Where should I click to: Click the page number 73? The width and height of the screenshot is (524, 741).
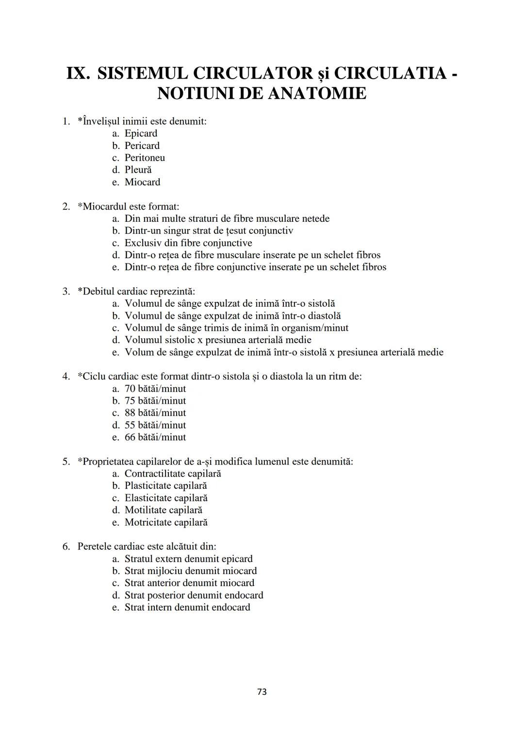[x=262, y=692]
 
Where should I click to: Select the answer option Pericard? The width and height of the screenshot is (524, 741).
[x=142, y=146]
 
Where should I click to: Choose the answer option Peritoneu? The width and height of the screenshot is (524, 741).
[x=145, y=158]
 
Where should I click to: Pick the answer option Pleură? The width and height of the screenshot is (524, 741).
[x=138, y=170]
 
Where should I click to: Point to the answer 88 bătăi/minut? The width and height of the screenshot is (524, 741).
[x=155, y=413]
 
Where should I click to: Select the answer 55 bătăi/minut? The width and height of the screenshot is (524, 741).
[x=155, y=425]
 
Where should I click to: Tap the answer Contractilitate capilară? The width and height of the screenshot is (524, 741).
[x=172, y=474]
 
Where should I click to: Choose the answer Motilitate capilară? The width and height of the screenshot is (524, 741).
[x=163, y=510]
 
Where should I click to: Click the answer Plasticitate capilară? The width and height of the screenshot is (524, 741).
[x=165, y=486]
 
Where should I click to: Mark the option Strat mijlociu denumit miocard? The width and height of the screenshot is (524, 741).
[x=190, y=571]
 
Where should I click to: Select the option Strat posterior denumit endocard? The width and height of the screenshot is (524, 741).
[x=194, y=595]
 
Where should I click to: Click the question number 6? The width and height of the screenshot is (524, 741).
[x=66, y=546]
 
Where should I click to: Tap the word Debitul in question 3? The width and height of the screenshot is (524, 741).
[x=98, y=292]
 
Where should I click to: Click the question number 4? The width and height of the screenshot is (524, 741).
[x=66, y=377]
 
